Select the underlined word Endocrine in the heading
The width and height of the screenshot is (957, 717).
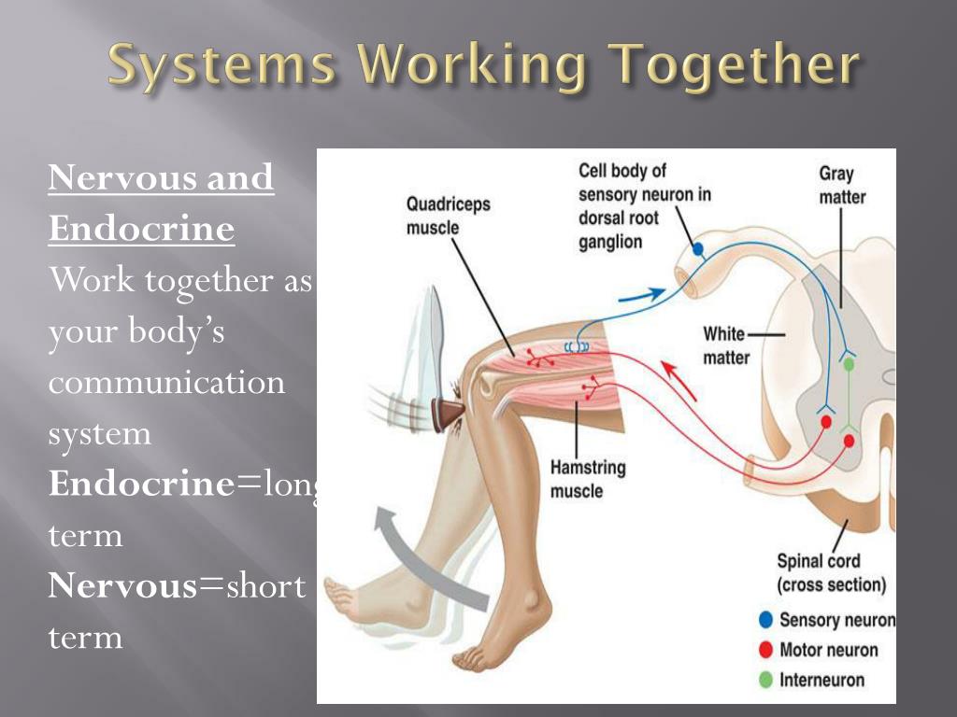(x=141, y=229)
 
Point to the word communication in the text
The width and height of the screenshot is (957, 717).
(x=166, y=382)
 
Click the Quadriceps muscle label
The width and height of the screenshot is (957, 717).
(x=448, y=215)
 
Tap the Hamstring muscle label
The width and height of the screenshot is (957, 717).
(x=588, y=478)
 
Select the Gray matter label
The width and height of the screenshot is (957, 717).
(x=842, y=185)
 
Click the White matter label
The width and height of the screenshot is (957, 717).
(x=726, y=344)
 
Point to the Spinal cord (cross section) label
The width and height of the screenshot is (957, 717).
(x=832, y=572)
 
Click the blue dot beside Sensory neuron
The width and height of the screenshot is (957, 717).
(x=765, y=620)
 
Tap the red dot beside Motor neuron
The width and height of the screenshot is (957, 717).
(x=765, y=650)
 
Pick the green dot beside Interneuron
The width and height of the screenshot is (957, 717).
(x=765, y=680)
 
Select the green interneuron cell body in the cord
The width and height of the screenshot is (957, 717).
(x=849, y=365)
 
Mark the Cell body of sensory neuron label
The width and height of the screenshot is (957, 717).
(x=644, y=205)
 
